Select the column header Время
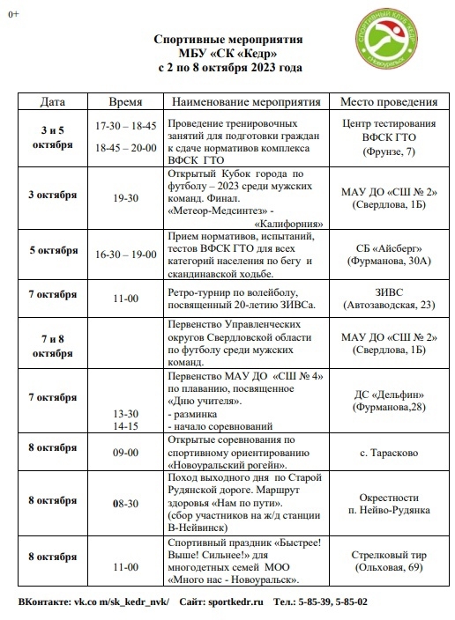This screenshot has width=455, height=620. point(125,101)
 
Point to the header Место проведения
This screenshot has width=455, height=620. point(389,101)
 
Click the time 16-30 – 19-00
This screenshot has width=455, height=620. point(125,254)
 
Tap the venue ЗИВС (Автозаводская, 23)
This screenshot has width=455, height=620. point(389,299)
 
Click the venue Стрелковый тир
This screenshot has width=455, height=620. point(389,556)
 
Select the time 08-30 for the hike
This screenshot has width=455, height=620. point(125,503)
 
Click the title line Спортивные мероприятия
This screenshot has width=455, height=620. point(227,41)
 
